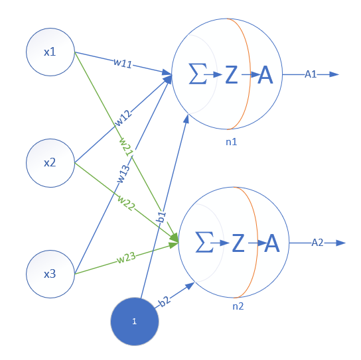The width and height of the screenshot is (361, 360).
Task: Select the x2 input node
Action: [x=50, y=161]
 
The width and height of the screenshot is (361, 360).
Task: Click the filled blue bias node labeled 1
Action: [x=134, y=321]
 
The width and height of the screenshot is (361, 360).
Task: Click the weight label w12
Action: [x=123, y=118]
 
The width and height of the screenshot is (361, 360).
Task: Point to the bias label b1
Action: [x=160, y=217]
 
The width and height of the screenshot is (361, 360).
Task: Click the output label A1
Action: [x=311, y=75]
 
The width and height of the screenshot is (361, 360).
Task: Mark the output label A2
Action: [x=318, y=243]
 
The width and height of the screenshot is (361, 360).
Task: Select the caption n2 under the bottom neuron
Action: [x=238, y=307]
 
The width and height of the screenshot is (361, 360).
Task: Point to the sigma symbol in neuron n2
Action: [x=205, y=243]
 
